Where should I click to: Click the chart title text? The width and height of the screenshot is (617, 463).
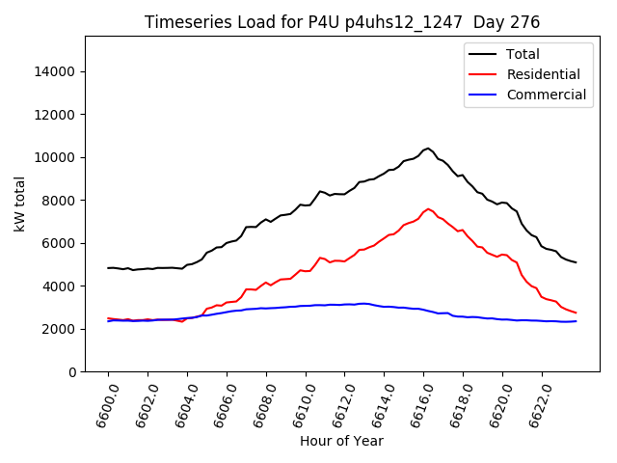point(342,22)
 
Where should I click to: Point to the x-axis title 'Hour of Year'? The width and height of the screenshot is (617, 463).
point(341,441)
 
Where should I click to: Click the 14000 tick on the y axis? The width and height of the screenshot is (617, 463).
point(57,71)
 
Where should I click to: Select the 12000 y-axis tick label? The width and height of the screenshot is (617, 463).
point(57,115)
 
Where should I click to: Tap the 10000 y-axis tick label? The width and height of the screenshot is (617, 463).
point(57,157)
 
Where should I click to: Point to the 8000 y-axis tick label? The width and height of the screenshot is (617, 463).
point(61,201)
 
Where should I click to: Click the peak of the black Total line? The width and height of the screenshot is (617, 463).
point(428,148)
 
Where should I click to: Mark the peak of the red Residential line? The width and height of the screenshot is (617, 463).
point(428,208)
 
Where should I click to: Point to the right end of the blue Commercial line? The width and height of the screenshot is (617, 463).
point(577,321)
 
